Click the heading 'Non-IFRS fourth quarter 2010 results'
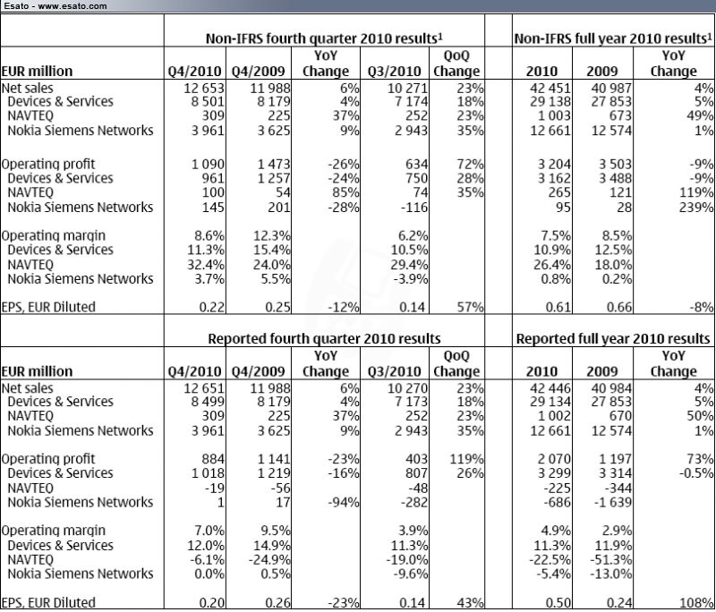point(322,38)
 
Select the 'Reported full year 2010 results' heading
point(613,338)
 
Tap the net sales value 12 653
point(204,88)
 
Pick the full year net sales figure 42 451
point(550,88)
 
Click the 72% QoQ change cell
point(471,164)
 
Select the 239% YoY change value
point(696,208)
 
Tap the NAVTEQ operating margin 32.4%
point(206,265)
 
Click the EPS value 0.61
point(558,307)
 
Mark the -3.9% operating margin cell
point(411,279)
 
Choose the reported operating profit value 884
point(213,459)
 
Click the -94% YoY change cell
point(344,502)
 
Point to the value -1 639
point(613,502)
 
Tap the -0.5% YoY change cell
point(696,472)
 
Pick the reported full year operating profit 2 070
point(554,459)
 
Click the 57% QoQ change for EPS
point(471,307)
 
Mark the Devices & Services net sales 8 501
point(208,101)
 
